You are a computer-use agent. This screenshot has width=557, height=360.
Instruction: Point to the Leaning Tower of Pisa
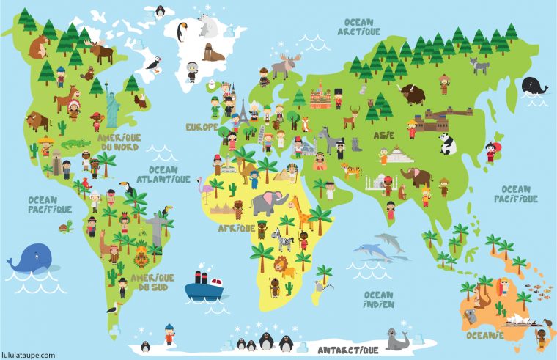point(262,134)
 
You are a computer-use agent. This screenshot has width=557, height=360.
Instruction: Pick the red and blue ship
point(203,286)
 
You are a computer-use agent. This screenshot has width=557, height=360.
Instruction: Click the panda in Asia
point(446,142)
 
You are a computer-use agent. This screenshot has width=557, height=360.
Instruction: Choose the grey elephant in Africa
point(266,203)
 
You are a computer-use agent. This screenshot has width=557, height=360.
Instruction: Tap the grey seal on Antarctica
point(396,339)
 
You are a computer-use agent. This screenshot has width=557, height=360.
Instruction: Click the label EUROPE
point(202,127)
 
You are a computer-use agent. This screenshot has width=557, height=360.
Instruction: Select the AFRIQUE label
point(236,228)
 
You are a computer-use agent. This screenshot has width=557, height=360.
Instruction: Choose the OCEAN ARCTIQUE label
point(359,27)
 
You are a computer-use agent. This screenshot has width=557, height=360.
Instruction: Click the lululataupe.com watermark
point(28,355)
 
